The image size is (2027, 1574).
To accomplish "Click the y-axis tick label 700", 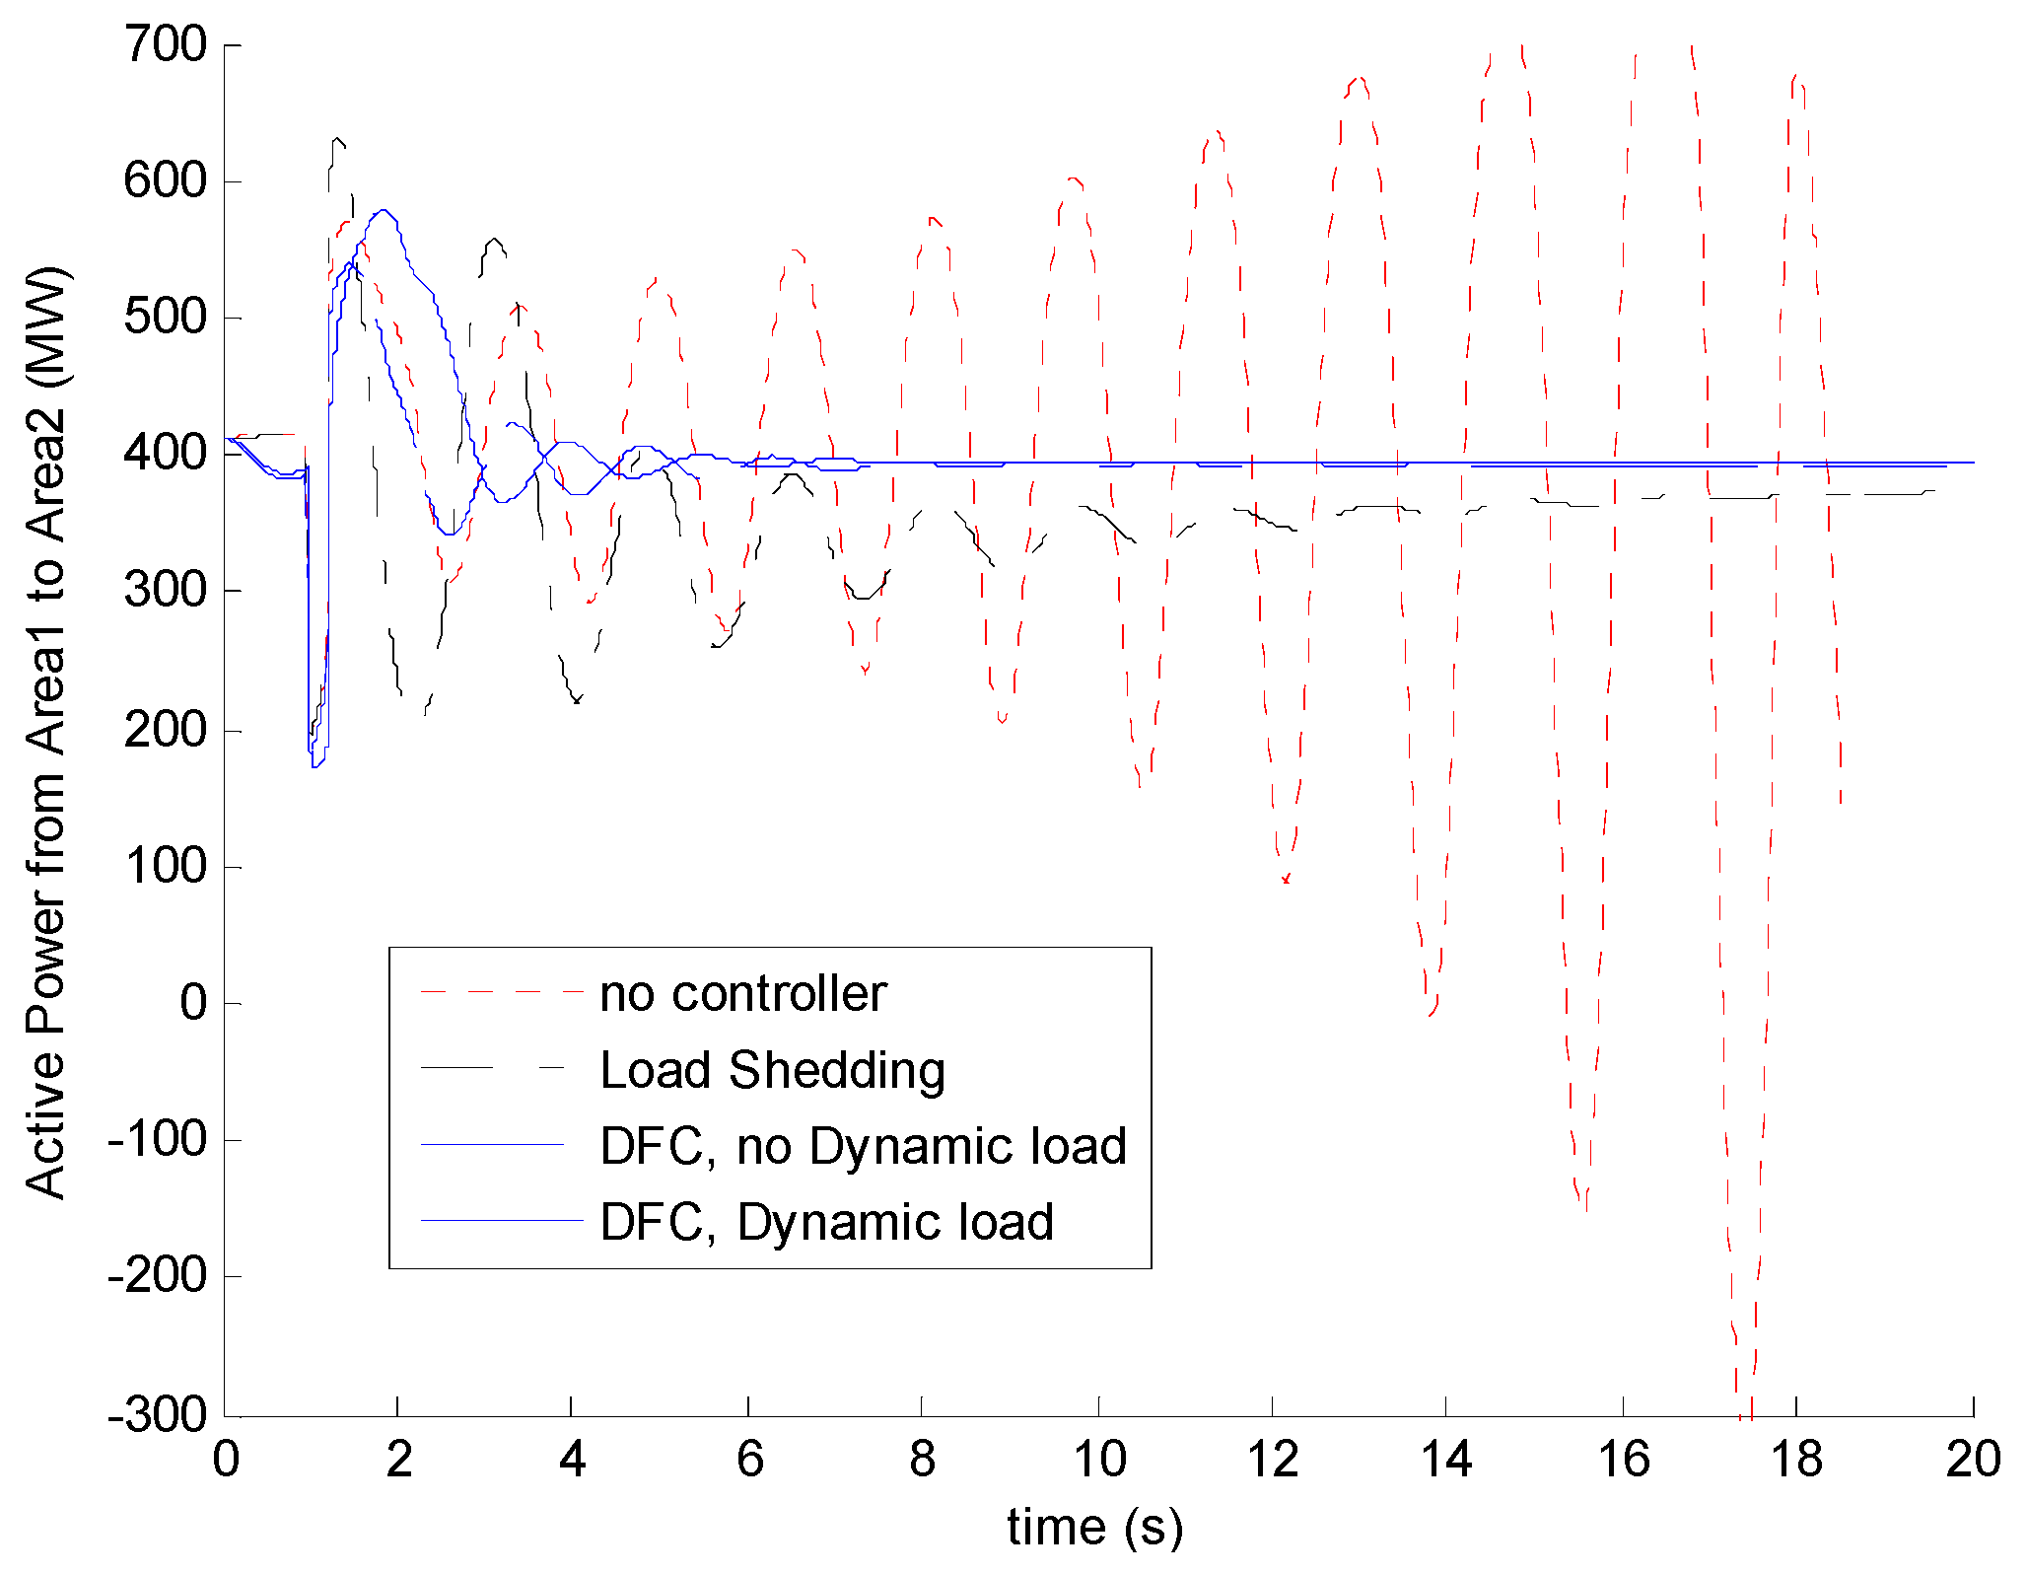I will pos(165,45).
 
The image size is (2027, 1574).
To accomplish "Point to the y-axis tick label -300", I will pos(158,1415).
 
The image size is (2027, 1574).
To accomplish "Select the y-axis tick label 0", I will pos(193,1003).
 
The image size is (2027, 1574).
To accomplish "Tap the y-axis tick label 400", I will pos(165,454).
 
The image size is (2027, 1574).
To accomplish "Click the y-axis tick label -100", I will pos(158,1140).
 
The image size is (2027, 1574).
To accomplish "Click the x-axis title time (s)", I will pos(1094,1527).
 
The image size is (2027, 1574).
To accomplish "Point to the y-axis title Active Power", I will pos(46,730).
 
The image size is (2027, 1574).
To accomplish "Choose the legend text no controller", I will pos(743,994).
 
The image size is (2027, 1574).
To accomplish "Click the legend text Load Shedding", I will pos(772,1070).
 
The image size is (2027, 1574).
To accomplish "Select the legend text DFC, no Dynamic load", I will pos(863,1146).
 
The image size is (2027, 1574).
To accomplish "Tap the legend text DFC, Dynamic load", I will pos(826,1222).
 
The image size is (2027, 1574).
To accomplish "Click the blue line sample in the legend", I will pos(493,1145).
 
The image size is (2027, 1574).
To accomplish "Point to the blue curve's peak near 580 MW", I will pos(383,210).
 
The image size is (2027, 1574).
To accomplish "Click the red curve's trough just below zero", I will pos(1432,1014).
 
